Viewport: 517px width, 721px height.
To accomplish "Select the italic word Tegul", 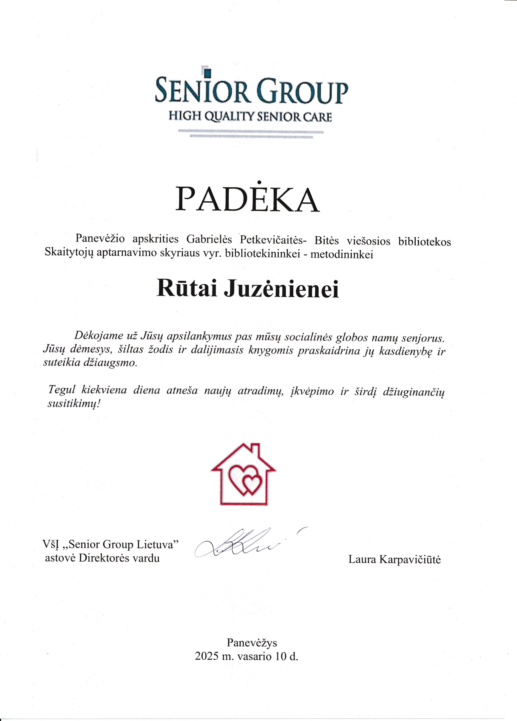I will pos(61,390).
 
